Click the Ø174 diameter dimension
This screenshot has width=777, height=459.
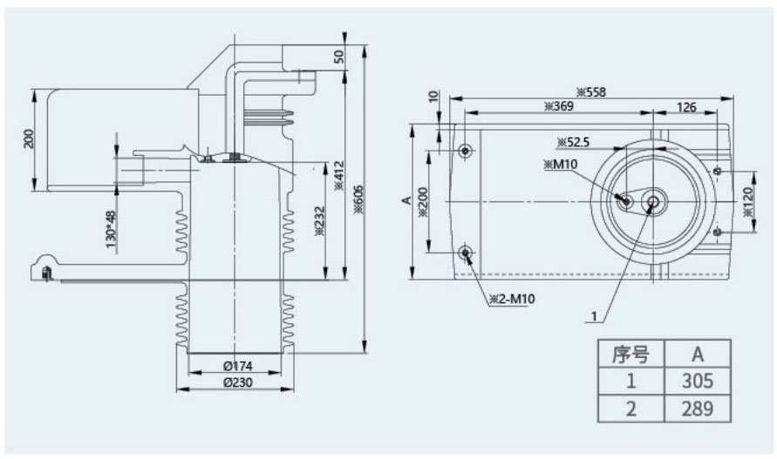(x=234, y=366)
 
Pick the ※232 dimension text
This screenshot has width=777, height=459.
(x=317, y=221)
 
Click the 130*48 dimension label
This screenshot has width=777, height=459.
(x=112, y=228)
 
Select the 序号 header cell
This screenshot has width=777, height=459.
(x=630, y=354)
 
